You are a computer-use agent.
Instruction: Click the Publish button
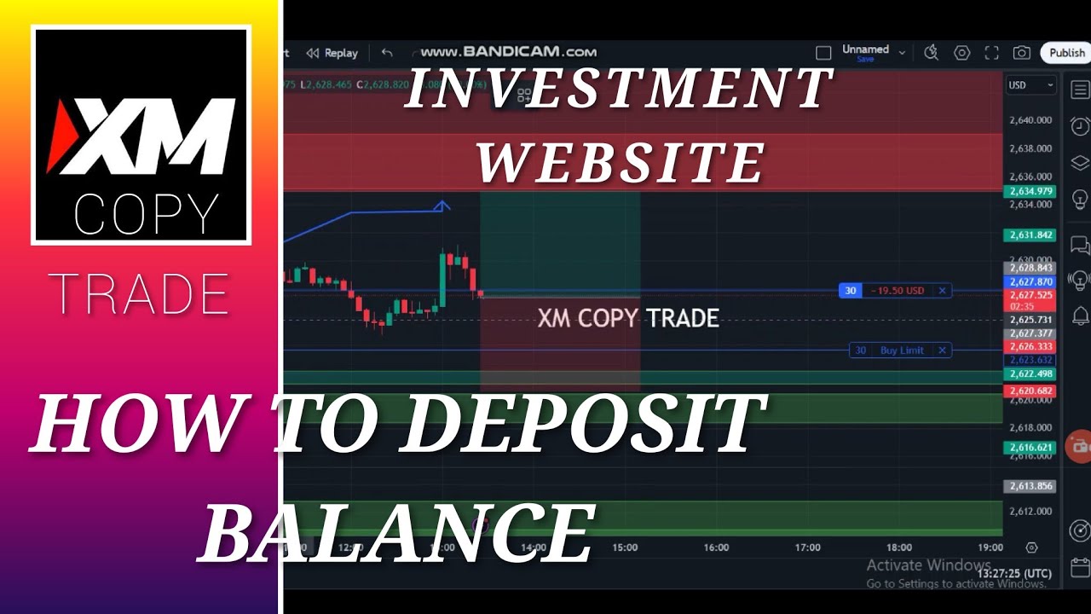click(x=1067, y=53)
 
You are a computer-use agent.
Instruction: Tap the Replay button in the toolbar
click(x=332, y=53)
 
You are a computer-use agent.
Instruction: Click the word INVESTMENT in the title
click(x=617, y=88)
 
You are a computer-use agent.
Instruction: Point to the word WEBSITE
click(x=620, y=162)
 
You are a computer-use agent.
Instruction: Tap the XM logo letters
click(x=141, y=136)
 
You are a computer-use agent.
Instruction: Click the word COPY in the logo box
click(x=146, y=215)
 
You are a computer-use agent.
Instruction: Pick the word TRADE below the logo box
click(x=138, y=294)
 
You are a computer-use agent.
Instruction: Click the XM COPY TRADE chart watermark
click(x=628, y=319)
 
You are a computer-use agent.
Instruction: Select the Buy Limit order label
click(x=901, y=350)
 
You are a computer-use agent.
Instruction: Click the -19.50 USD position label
click(x=896, y=291)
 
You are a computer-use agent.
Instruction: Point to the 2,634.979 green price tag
click(x=1030, y=191)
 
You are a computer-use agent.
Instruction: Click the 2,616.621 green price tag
click(x=1030, y=448)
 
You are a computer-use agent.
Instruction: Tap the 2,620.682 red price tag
click(x=1030, y=391)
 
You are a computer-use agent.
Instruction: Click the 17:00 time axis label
click(x=807, y=547)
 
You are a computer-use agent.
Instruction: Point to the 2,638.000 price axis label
click(x=1030, y=148)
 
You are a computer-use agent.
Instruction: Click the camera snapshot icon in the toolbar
click(x=1021, y=53)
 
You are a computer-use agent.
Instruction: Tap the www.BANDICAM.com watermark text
click(x=508, y=52)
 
